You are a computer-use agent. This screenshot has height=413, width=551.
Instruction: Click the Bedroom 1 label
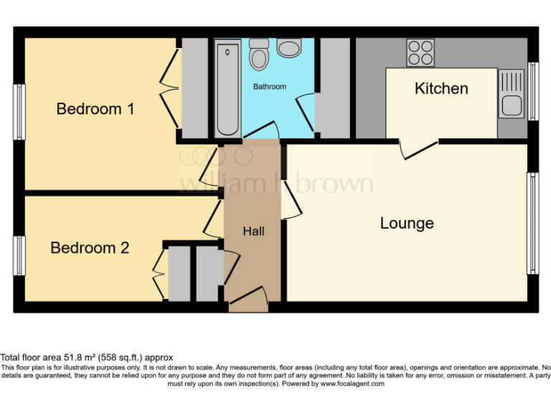click(x=95, y=109)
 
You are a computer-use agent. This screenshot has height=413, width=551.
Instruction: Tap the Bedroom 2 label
click(x=90, y=248)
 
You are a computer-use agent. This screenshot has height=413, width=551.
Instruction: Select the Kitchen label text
click(x=441, y=89)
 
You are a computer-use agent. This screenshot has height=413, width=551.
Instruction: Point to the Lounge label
click(x=407, y=224)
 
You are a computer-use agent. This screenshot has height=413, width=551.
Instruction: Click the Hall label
click(x=253, y=231)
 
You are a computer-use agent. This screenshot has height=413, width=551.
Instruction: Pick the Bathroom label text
click(x=269, y=87)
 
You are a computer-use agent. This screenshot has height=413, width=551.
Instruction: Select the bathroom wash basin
click(x=289, y=47)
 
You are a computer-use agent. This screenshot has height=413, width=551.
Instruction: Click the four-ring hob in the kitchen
click(x=420, y=52)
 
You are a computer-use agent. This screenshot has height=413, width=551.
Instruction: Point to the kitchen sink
click(x=511, y=95)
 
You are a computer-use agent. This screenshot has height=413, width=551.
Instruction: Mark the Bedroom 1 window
click(x=20, y=112)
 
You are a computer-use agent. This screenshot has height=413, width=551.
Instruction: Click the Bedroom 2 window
click(x=20, y=256)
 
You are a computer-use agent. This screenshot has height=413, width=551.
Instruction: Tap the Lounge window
click(x=532, y=223)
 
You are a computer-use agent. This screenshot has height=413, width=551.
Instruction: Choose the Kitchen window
click(x=532, y=91)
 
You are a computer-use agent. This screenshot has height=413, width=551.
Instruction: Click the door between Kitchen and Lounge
click(x=420, y=148)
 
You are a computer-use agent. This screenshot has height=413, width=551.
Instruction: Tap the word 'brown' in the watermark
click(x=335, y=184)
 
